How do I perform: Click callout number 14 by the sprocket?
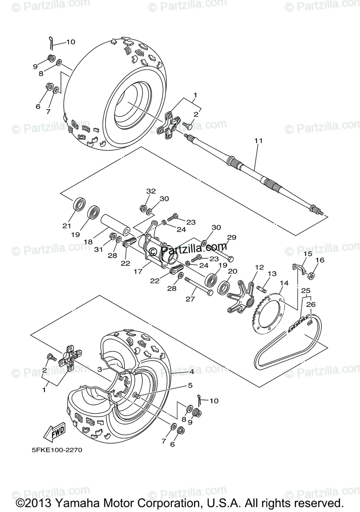284,283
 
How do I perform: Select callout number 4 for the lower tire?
192,372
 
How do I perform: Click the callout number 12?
259,267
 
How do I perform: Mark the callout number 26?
310,304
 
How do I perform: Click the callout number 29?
231,237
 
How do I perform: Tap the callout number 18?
88,242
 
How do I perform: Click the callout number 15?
307,254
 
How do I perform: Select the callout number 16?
320,260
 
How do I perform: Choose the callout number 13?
272,273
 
